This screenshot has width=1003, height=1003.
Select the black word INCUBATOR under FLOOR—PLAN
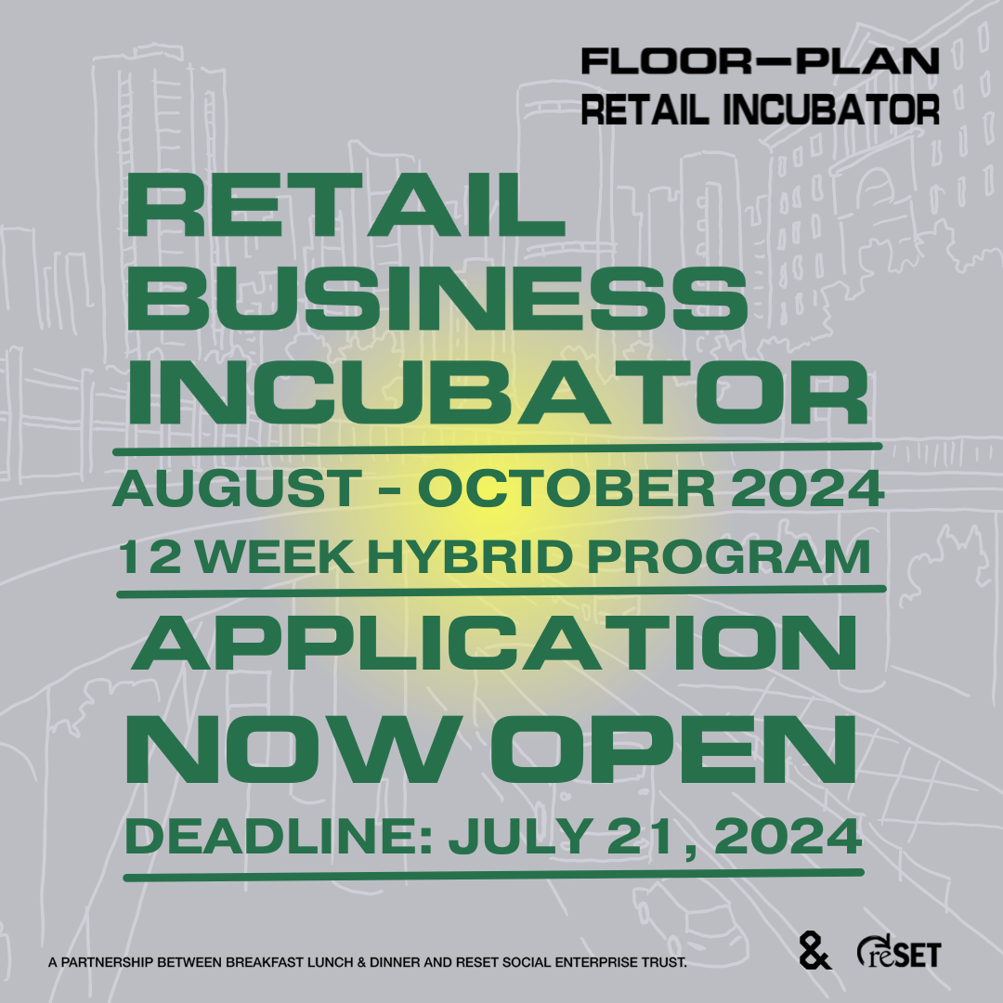(831, 110)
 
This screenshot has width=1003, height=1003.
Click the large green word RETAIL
(345, 205)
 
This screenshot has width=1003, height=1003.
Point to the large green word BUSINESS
(436, 299)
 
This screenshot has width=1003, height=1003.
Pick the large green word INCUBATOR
(498, 392)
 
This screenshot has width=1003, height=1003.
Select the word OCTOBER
(567, 488)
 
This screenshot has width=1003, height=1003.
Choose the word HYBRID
(470, 556)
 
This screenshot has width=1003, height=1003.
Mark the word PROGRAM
(729, 556)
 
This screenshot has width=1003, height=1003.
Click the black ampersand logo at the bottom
(814, 951)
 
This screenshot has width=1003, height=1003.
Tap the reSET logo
(899, 951)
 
